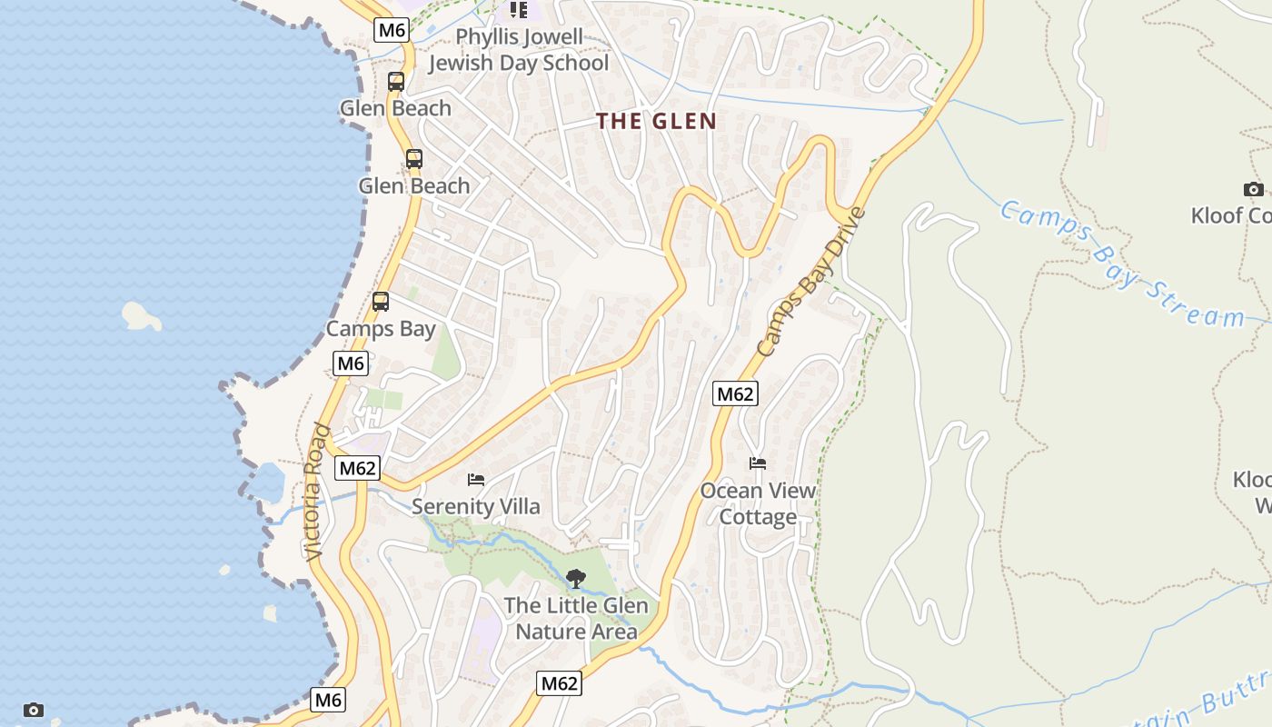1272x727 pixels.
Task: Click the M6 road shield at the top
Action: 392,30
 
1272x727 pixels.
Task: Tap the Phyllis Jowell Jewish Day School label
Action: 519,50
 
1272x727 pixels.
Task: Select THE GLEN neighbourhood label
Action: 657,121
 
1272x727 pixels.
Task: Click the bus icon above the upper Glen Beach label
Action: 396,81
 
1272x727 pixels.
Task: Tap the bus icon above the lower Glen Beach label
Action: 414,159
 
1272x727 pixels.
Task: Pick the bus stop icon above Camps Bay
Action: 381,302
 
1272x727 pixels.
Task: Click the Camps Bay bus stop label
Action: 381,329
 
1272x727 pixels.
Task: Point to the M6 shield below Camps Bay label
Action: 351,364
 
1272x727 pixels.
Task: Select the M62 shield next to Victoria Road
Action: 357,469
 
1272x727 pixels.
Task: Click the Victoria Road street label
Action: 314,492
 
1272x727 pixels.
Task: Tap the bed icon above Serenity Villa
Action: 476,480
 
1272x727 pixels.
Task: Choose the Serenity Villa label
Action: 476,507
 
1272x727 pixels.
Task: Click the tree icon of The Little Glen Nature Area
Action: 576,578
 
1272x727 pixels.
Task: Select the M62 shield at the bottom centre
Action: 559,683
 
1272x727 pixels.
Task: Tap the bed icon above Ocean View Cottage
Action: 758,463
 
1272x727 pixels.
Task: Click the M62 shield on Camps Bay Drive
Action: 735,393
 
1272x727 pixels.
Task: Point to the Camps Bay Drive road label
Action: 810,282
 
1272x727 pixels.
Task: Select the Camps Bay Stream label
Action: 1121,264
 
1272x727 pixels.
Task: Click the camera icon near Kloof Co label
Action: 1254,189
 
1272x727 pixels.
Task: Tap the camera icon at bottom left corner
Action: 34,710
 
